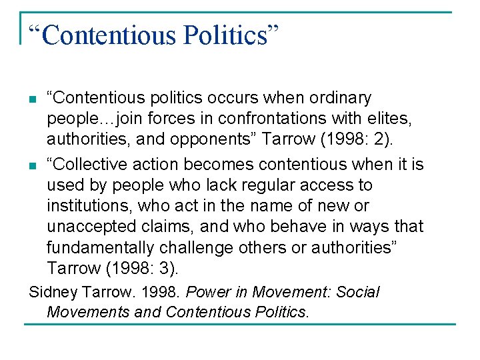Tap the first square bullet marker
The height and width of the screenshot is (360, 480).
(x=33, y=101)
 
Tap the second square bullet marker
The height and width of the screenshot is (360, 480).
(x=33, y=165)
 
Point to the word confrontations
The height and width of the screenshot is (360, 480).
(x=256, y=119)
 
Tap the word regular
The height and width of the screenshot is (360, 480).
(x=258, y=185)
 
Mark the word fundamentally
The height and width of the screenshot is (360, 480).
(x=98, y=247)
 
